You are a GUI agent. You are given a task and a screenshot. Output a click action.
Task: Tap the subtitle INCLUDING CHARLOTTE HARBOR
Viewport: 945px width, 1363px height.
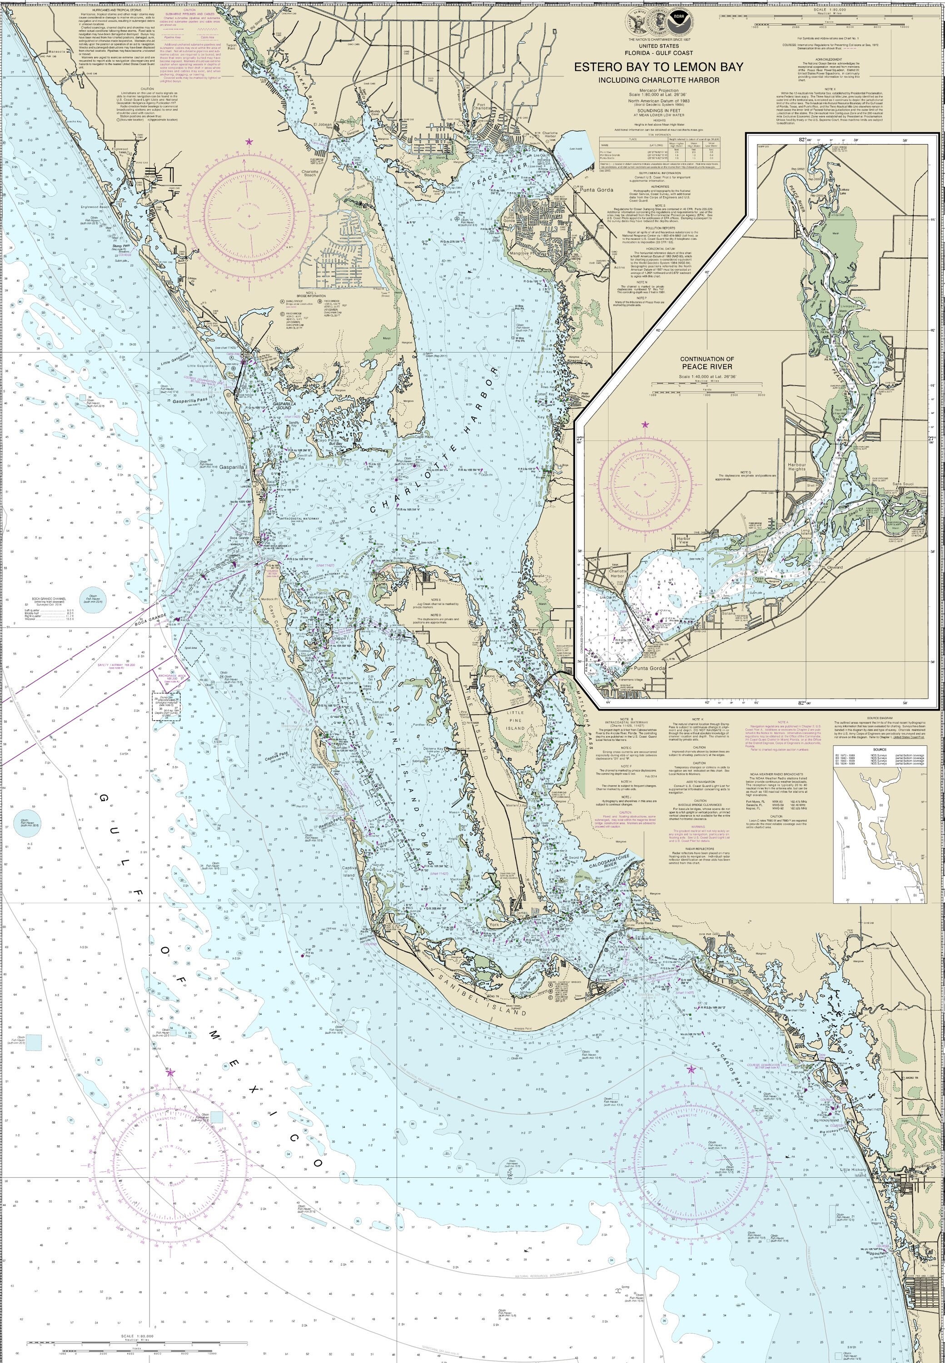pyautogui.click(x=658, y=80)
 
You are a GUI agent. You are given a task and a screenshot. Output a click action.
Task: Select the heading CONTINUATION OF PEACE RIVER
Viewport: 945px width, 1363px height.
pyautogui.click(x=706, y=363)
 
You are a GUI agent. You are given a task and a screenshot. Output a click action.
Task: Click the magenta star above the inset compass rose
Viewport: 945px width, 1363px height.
pyautogui.click(x=645, y=424)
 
